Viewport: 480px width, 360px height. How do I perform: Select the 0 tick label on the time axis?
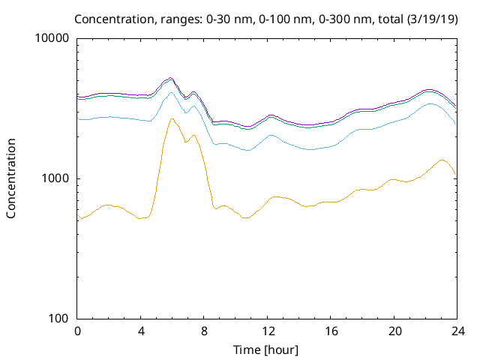coord(77,331)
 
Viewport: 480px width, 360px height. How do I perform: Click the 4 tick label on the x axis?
coord(141,331)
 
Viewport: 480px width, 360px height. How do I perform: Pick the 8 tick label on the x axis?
coord(204,331)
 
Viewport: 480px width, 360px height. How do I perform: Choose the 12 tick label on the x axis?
coord(268,331)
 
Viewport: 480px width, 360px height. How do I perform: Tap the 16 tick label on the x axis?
coord(331,331)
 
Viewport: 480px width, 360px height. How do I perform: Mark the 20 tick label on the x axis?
coord(394,331)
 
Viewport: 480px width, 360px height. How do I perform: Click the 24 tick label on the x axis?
coord(458,331)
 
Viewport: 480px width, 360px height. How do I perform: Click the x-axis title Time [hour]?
coord(265,350)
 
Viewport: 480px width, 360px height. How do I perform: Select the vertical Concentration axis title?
coord(11,178)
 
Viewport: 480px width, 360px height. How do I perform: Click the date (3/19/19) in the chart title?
coord(432,19)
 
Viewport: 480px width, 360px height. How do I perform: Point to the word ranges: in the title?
coord(181,20)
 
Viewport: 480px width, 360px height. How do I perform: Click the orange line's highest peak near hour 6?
coord(172,118)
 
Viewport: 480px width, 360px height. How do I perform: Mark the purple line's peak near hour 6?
coord(170,78)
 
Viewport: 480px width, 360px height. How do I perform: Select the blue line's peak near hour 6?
coord(171,92)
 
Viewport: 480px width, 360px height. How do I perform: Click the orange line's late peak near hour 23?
coord(442,160)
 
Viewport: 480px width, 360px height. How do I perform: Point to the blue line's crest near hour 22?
coord(430,103)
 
